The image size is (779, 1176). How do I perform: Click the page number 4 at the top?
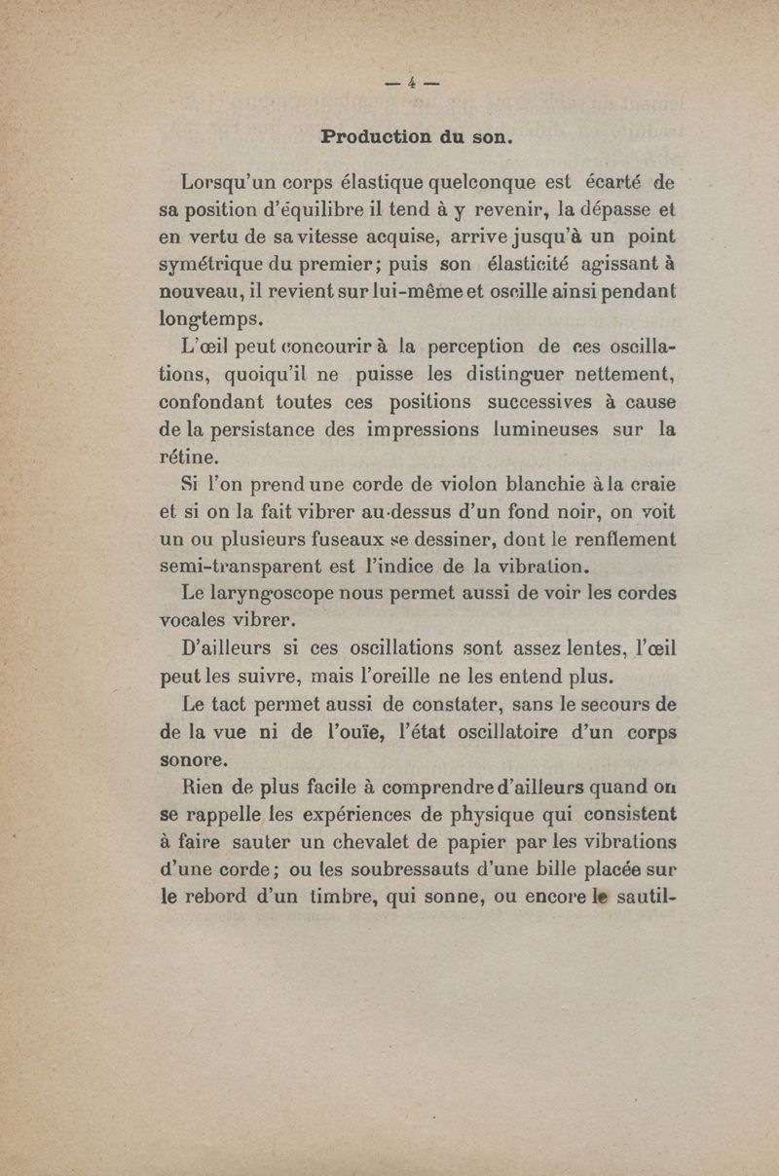coord(413,83)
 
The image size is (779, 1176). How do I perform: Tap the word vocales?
coord(192,620)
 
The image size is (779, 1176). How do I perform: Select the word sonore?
coord(194,756)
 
